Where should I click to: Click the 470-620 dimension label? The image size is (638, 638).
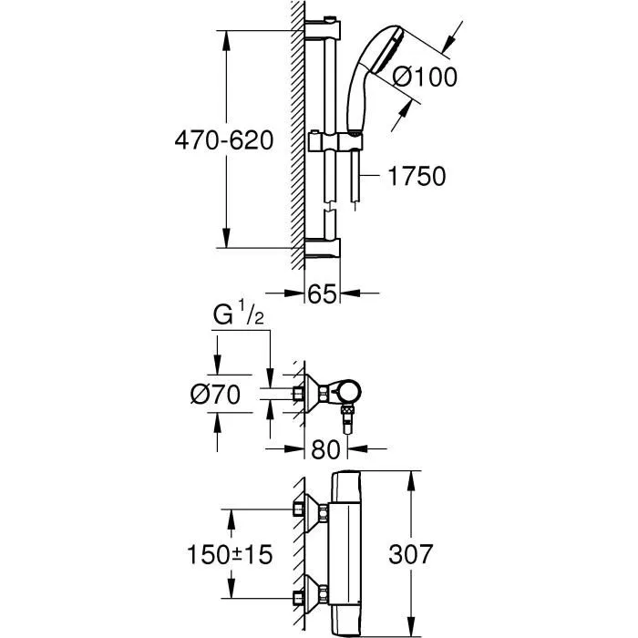tap(224, 140)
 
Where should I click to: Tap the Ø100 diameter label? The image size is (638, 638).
tap(426, 77)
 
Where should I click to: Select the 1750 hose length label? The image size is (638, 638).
tap(417, 176)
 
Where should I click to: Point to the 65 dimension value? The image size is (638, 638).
tap(323, 293)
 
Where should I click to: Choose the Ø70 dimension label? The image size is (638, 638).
tap(216, 395)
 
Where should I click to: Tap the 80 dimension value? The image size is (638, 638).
tap(325, 449)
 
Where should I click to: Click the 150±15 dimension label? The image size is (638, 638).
tap(230, 554)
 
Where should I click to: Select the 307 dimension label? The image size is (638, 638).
tap(410, 554)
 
